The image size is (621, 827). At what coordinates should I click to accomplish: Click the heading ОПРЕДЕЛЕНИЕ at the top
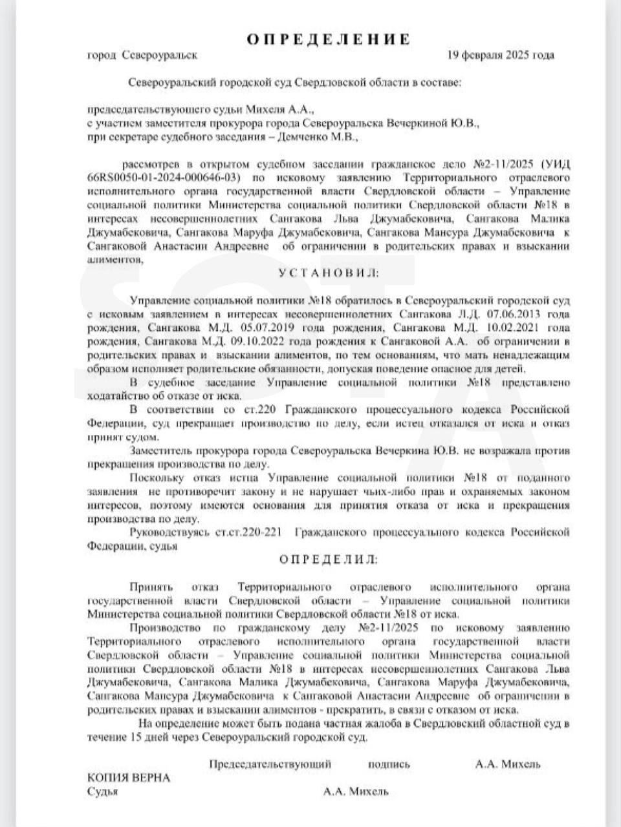(x=329, y=39)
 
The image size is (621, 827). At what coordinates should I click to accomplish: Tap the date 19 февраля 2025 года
(x=501, y=56)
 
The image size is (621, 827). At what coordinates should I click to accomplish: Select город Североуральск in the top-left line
(x=142, y=56)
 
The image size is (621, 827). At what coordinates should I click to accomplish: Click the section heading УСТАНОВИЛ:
(x=329, y=273)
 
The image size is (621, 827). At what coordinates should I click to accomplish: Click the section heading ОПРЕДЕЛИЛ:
(x=329, y=560)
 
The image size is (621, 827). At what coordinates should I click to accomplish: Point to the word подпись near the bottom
(x=389, y=764)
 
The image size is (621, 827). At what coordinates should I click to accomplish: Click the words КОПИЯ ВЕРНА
(x=129, y=778)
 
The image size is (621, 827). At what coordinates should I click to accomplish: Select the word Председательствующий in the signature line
(x=270, y=764)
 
